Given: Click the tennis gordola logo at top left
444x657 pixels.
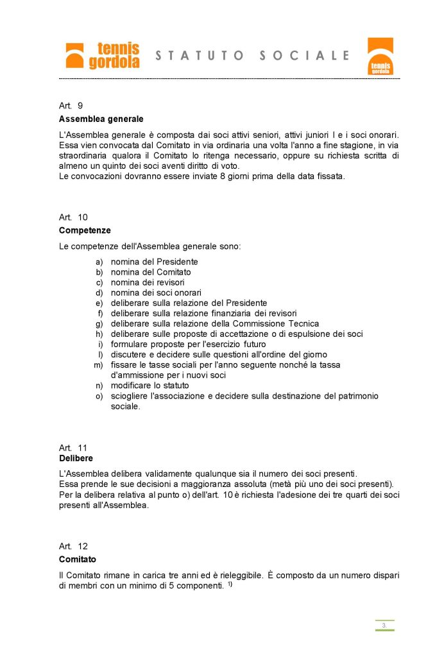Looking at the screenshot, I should pos(102,55).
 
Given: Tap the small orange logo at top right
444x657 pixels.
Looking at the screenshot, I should pos(380,56).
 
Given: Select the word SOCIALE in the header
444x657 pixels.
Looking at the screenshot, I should pos(305,56).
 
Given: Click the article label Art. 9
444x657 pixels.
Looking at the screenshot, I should pos(71,105).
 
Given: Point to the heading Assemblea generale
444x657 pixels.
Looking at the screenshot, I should pos(101,119).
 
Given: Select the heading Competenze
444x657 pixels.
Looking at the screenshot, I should pos(85,230).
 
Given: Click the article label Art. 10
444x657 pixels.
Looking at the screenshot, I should pos(73,217).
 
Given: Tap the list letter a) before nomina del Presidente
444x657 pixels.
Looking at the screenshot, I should pos(99,262).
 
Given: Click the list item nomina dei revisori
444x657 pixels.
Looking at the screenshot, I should pos(148,282).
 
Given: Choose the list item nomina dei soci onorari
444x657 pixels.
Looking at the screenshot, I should pos(158,293).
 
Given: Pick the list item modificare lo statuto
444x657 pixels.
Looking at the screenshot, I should pos(149,386).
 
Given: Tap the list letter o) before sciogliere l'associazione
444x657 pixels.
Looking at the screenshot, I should pos(99,396).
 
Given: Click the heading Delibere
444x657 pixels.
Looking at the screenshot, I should pos(76,458).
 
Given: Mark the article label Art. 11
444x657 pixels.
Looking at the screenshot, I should pos(73,447).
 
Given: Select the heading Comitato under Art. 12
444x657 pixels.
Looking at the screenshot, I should pos(77,559).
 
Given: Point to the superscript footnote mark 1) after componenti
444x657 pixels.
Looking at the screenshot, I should pos(229,584).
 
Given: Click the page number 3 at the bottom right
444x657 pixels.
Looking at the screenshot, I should pos(384,626).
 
